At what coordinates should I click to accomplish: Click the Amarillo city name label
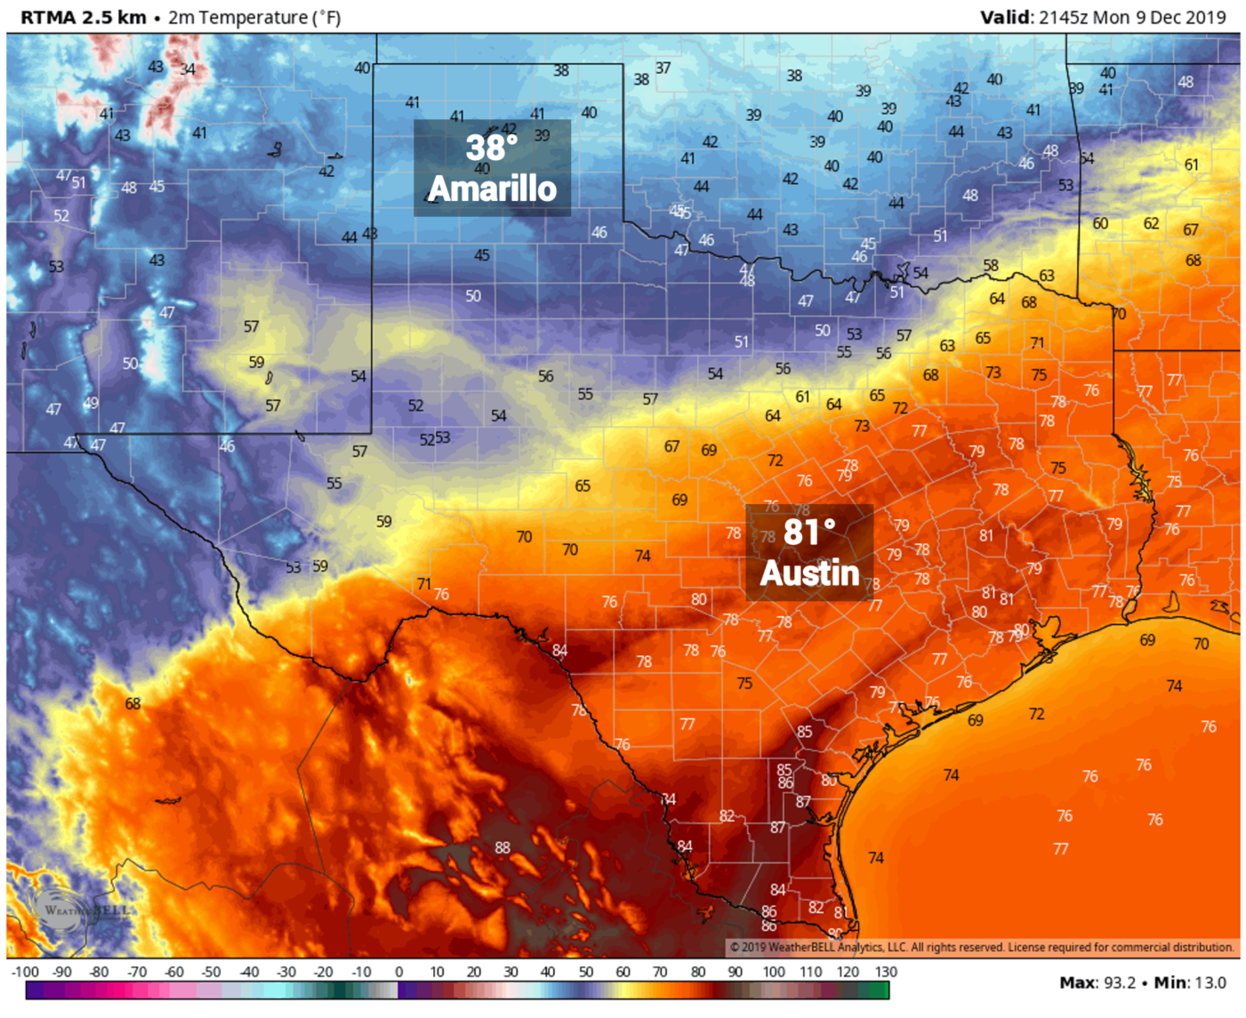pyautogui.click(x=492, y=188)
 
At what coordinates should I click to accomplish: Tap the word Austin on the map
pyautogui.click(x=809, y=573)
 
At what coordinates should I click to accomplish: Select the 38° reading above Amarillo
pyautogui.click(x=491, y=147)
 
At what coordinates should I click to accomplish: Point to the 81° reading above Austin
pyautogui.click(x=809, y=532)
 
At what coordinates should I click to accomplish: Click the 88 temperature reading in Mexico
pyautogui.click(x=502, y=847)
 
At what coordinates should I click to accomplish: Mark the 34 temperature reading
pyautogui.click(x=188, y=69)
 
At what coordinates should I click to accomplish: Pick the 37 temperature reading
pyautogui.click(x=663, y=68)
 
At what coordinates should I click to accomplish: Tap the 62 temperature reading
pyautogui.click(x=1151, y=223)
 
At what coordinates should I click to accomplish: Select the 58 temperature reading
pyautogui.click(x=990, y=266)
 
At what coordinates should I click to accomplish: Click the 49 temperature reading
pyautogui.click(x=91, y=403)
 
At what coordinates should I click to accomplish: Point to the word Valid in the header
pyautogui.click(x=1006, y=17)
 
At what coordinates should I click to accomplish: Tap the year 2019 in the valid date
pyautogui.click(x=1205, y=17)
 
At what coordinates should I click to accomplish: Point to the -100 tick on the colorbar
pyautogui.click(x=25, y=972)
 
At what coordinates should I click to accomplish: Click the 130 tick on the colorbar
pyautogui.click(x=886, y=972)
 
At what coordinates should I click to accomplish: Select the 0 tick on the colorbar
pyautogui.click(x=398, y=972)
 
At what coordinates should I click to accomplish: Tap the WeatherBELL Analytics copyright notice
pyautogui.click(x=983, y=947)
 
